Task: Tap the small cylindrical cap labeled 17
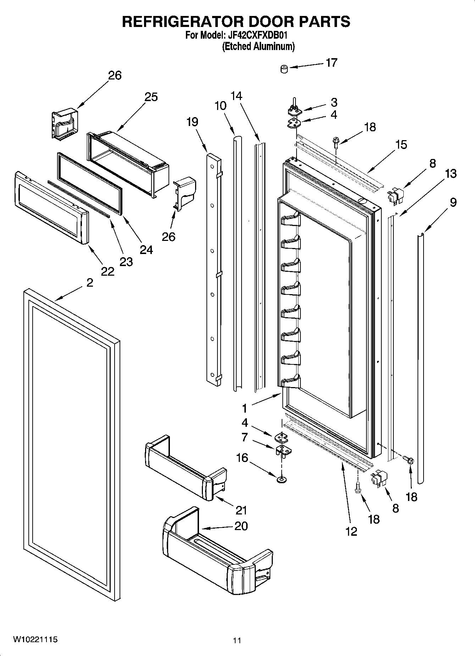[x=284, y=69]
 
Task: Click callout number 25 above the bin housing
[x=151, y=97]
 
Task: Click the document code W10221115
[x=35, y=639]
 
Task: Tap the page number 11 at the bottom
[x=237, y=640]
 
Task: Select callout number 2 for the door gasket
[x=90, y=283]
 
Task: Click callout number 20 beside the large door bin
[x=241, y=525]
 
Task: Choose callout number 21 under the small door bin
[x=241, y=510]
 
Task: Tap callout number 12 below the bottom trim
[x=351, y=531]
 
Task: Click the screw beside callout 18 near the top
[x=335, y=142]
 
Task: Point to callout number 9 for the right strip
[x=453, y=202]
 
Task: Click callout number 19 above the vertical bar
[x=192, y=122]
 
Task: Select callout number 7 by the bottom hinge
[x=244, y=437]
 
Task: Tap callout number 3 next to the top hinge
[x=334, y=102]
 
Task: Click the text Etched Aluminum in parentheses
[x=258, y=46]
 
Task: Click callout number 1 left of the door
[x=244, y=408]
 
